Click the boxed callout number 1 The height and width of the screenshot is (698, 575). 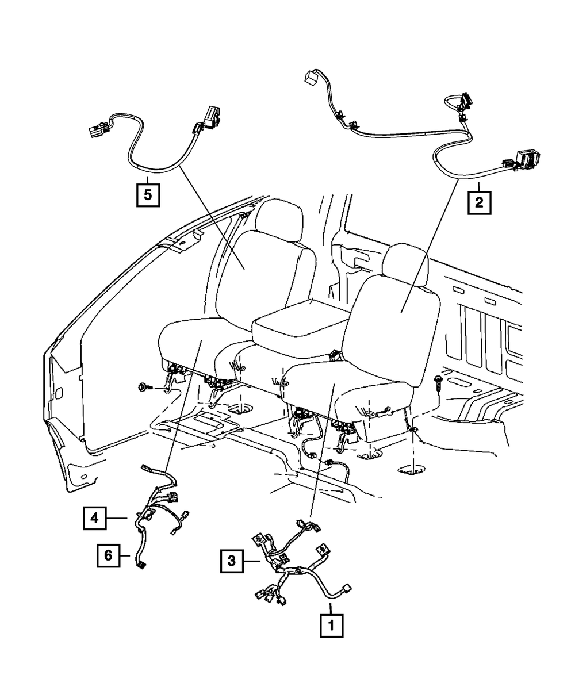click(331, 625)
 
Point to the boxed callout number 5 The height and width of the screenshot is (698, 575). click(148, 194)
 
